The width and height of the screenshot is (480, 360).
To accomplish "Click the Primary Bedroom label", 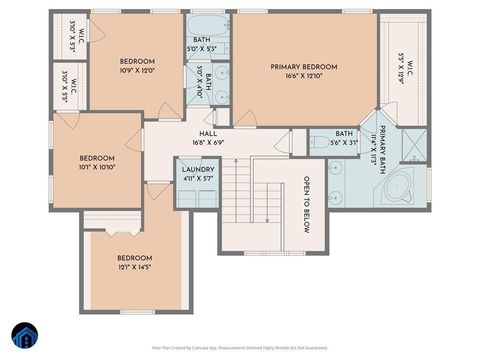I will [x=304, y=67].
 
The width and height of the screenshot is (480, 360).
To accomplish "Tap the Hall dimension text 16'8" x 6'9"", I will [x=208, y=142].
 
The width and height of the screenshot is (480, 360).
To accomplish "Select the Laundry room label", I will [x=196, y=171].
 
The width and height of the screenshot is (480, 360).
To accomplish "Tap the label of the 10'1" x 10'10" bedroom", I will [x=98, y=158].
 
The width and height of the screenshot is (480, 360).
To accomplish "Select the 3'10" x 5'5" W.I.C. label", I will [x=68, y=88].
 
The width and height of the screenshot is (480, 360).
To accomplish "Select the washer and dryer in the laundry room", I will [x=196, y=192].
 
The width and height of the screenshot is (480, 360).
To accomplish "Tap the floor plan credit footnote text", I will [x=239, y=347].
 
